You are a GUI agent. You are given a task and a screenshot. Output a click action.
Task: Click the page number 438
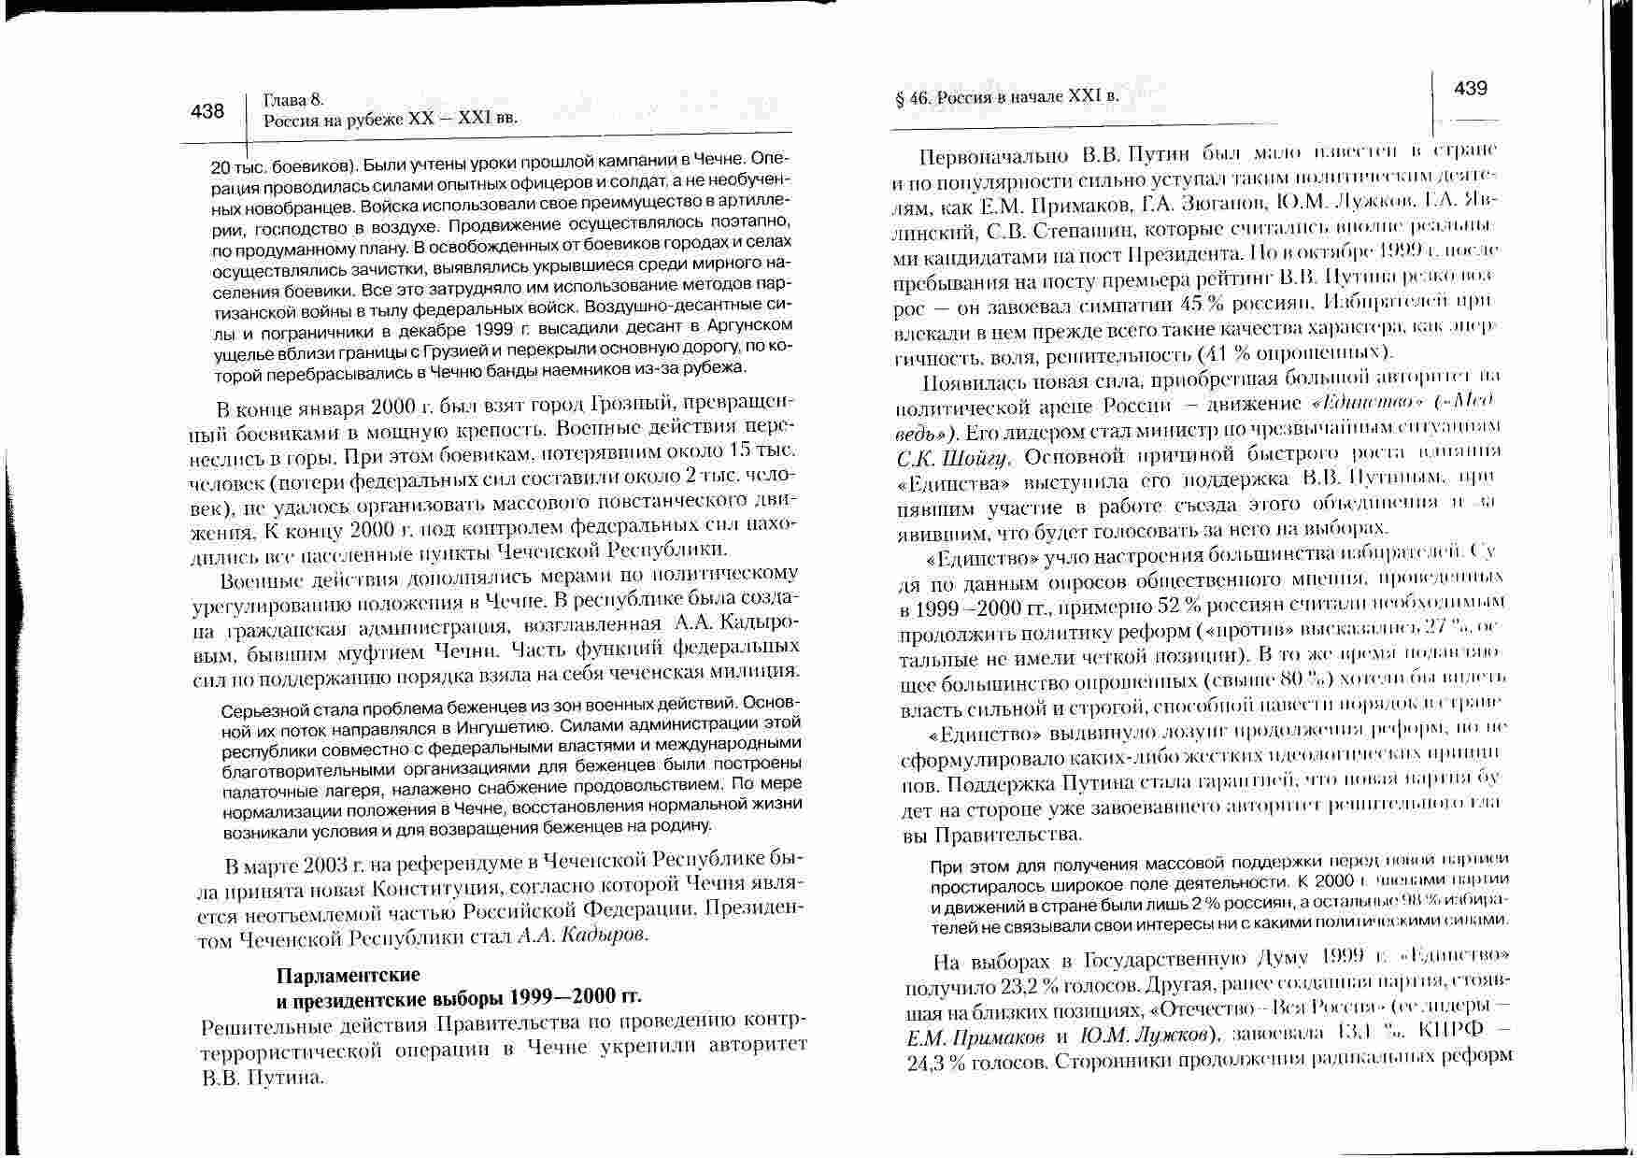coord(207,111)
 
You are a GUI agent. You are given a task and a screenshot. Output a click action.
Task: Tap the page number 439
coord(1471,89)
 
